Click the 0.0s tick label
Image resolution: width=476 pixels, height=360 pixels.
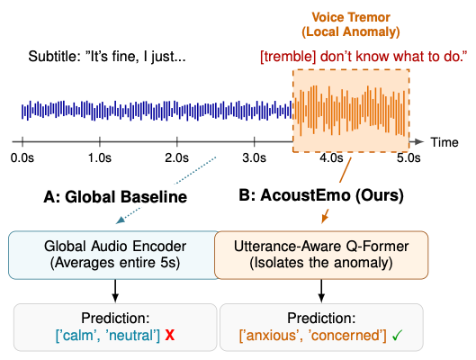[22, 157]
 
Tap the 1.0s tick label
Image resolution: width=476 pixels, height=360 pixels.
[100, 157]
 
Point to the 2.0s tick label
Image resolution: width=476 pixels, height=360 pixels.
[176, 157]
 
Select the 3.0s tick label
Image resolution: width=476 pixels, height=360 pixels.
[254, 157]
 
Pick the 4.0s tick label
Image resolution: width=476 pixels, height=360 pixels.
[331, 157]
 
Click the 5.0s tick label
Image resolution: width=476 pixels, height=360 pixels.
[409, 157]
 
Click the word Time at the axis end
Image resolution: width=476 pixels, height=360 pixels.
[445, 142]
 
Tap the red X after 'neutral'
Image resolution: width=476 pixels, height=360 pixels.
[170, 336]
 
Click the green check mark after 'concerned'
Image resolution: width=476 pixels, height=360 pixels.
[397, 336]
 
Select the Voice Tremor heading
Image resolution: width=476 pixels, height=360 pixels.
[351, 17]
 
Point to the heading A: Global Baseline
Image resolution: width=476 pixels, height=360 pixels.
[115, 197]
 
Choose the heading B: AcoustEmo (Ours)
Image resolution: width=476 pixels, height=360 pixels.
[321, 195]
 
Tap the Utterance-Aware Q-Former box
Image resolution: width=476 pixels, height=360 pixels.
[321, 255]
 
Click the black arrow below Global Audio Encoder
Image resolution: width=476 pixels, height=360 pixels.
[115, 291]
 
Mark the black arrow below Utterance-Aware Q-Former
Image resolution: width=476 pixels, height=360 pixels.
[321, 291]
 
